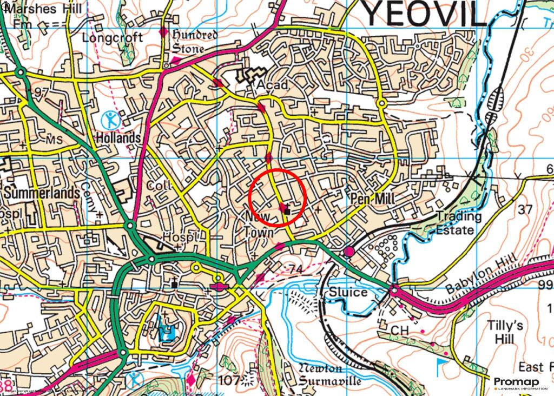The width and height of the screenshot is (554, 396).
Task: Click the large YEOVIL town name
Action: point(424,15)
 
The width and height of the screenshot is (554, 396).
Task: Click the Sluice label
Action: point(348,293)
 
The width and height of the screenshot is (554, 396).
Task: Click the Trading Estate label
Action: point(459,223)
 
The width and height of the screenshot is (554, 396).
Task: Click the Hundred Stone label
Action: point(194,42)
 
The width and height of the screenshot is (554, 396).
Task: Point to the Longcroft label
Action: point(113,38)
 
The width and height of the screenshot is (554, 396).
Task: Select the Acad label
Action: point(272,85)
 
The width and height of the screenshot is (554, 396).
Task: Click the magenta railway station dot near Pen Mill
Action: point(349,252)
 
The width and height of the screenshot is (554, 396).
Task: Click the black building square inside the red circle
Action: point(287,210)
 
